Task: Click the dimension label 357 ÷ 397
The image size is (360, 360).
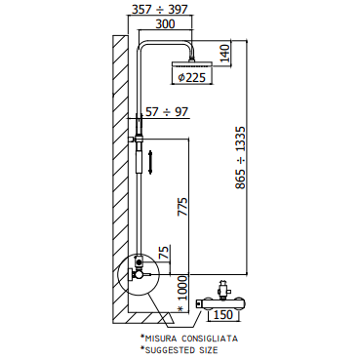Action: (160, 10)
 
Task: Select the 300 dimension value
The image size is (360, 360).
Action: (165, 24)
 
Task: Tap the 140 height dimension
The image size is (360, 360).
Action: (224, 54)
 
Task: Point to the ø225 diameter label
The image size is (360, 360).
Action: (192, 77)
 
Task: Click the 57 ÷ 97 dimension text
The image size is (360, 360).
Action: (167, 112)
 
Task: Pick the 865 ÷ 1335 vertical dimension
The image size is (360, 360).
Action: (241, 158)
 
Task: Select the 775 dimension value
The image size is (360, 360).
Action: (182, 207)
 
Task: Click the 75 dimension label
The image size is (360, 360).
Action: (164, 253)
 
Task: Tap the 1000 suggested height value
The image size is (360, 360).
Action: (183, 289)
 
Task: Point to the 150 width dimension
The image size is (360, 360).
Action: (223, 314)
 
